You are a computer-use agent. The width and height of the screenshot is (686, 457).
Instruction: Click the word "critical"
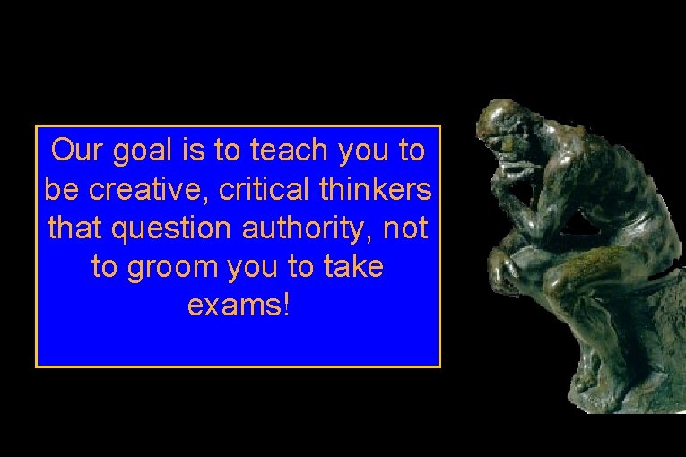(247, 189)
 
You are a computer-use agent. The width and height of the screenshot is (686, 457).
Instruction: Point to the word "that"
(74, 228)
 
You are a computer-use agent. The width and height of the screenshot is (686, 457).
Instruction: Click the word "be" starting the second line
(59, 189)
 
